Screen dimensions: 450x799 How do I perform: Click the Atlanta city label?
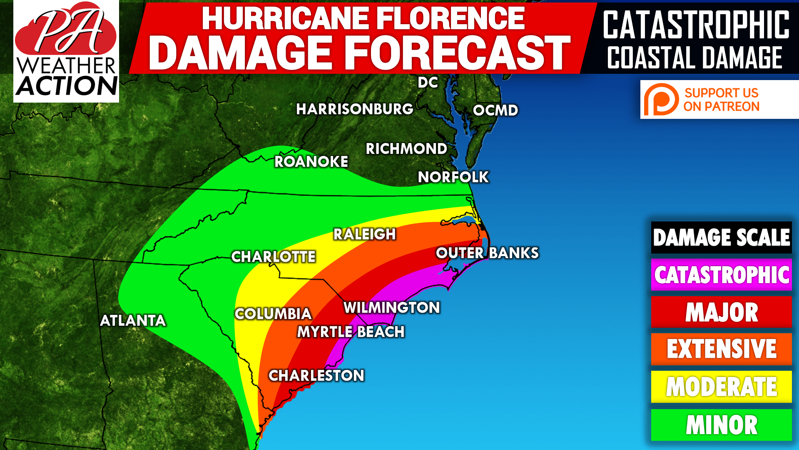click(x=133, y=320)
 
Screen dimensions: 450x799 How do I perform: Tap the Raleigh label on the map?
click(x=364, y=234)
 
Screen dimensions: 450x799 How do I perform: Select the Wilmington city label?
click(x=391, y=307)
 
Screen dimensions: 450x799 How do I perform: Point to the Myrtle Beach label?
click(x=351, y=332)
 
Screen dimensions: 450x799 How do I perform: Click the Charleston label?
click(x=316, y=375)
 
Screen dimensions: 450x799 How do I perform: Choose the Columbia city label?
click(x=273, y=314)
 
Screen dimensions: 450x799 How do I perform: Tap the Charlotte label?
click(x=273, y=256)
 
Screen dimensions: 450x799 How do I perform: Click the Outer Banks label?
click(x=487, y=253)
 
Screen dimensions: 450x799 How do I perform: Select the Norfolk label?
click(x=453, y=177)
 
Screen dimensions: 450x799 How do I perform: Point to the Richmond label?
click(x=406, y=148)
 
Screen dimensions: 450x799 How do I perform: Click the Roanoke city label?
click(x=311, y=161)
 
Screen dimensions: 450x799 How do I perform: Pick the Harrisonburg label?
click(x=354, y=109)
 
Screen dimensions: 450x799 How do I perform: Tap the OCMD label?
click(x=495, y=110)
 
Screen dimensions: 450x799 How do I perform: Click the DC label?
click(x=428, y=82)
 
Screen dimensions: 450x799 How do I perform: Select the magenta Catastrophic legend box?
click(x=721, y=274)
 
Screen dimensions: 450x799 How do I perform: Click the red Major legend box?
click(x=721, y=312)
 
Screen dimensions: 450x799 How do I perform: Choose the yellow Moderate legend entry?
click(x=721, y=387)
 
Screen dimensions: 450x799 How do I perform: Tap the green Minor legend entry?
click(x=721, y=425)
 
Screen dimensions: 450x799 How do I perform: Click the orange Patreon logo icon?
click(x=660, y=100)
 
